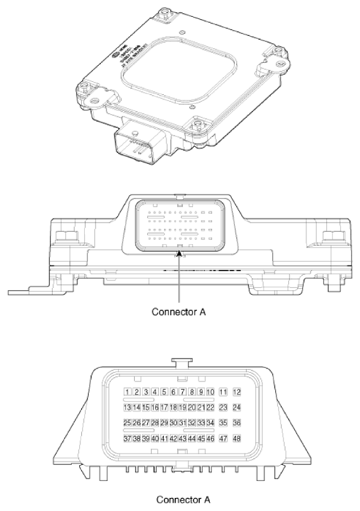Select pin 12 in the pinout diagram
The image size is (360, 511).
tap(237, 391)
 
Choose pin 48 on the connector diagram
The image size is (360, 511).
tap(237, 438)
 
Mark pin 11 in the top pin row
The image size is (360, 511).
tap(223, 391)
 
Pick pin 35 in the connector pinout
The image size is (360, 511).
tap(223, 422)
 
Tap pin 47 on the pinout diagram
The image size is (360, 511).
tap(223, 438)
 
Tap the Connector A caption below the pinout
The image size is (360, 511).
tap(182, 500)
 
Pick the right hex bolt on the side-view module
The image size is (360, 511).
tap(332, 232)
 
